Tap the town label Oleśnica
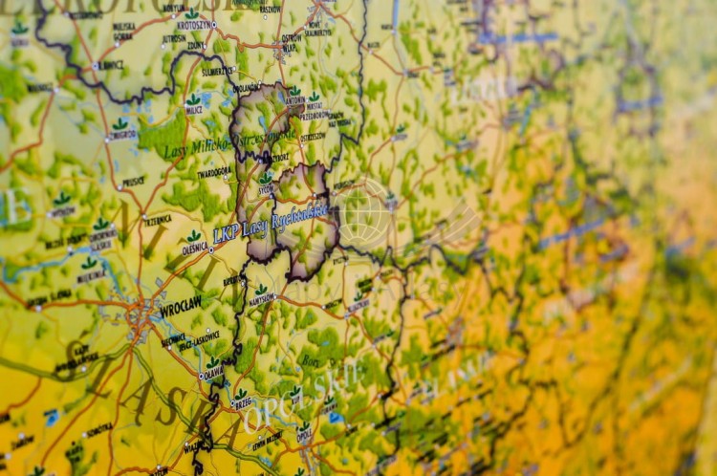[194, 249]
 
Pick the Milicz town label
[193, 110]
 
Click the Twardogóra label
[214, 173]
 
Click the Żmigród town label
[120, 135]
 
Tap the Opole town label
[304, 439]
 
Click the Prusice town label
[133, 181]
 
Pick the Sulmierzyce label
[217, 71]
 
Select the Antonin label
[294, 101]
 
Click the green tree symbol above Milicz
[193, 98]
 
